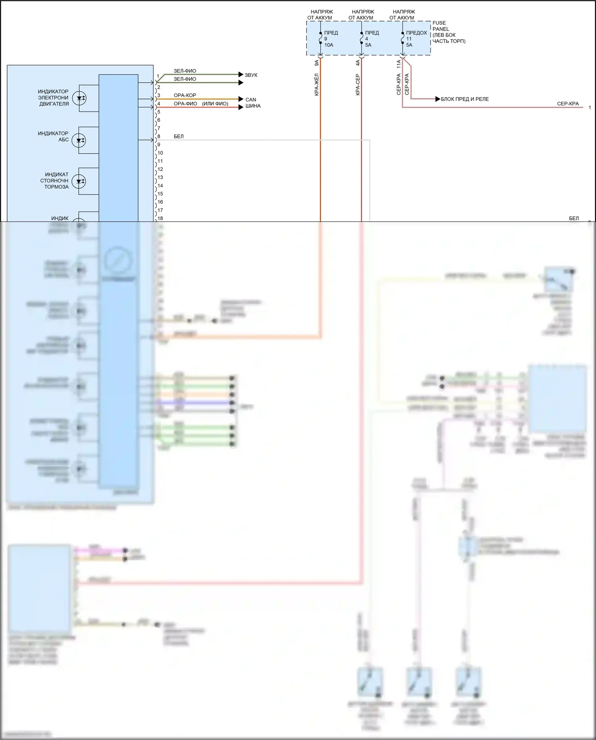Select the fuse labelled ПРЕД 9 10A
[320, 39]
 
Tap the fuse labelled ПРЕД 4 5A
[361, 39]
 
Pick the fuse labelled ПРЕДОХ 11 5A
[403, 39]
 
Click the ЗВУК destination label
[251, 75]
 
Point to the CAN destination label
[251, 100]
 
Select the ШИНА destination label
[253, 106]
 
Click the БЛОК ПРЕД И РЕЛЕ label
[464, 99]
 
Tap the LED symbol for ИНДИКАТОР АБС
[79, 140]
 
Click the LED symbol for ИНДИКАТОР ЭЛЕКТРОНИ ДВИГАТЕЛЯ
[79, 98]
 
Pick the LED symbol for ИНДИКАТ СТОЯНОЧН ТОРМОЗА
[79, 181]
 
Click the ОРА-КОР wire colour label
[184, 95]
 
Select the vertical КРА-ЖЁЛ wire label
[317, 84]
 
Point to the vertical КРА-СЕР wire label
[358, 84]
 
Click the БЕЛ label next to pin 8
[179, 136]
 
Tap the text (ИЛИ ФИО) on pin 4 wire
[215, 104]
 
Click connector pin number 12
[160, 169]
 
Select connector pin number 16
[160, 202]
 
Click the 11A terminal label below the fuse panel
[399, 64]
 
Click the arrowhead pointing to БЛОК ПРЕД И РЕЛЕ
[438, 99]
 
